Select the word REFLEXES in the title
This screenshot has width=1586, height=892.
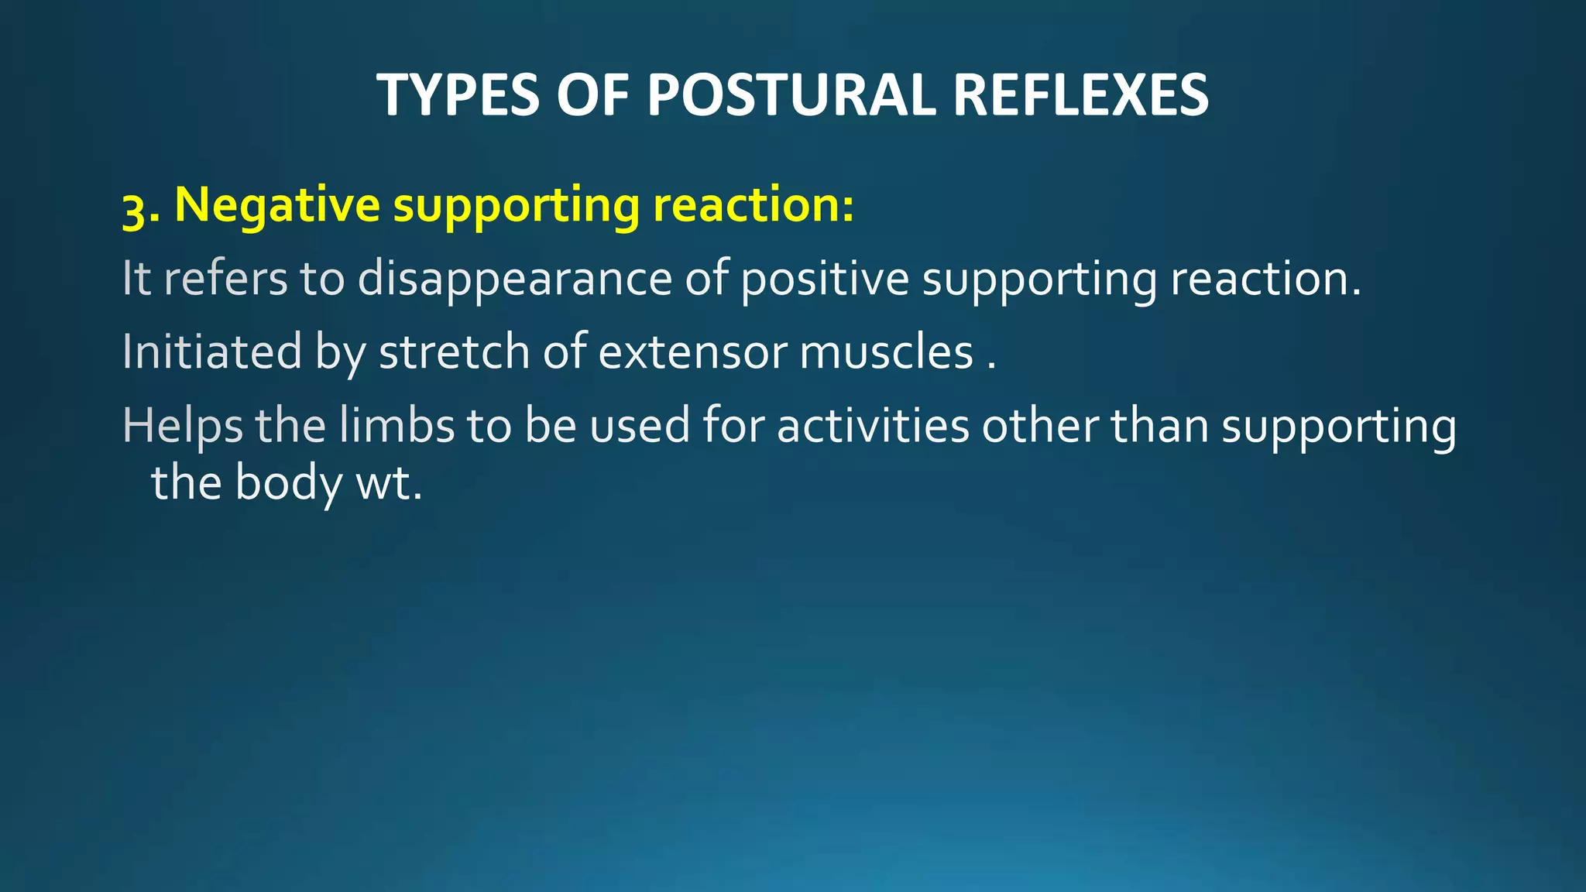tap(1080, 95)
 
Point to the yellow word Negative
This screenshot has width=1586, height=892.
tap(277, 206)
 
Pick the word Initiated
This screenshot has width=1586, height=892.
tap(211, 352)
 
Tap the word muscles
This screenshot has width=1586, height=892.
tap(886, 352)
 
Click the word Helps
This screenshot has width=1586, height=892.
tap(182, 427)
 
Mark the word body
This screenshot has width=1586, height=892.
tap(288, 484)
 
